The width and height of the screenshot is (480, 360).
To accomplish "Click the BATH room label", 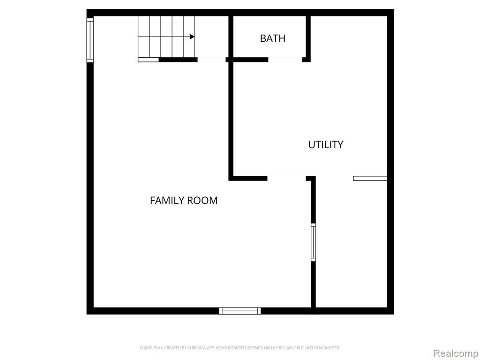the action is (272, 38).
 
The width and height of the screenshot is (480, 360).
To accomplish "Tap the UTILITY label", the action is (326, 144).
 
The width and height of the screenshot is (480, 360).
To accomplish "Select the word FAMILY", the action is (166, 200).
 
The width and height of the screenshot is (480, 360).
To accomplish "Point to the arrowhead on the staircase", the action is (192, 37).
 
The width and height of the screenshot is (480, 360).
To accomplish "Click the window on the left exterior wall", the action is (90, 40).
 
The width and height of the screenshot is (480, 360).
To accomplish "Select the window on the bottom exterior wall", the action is (240, 311).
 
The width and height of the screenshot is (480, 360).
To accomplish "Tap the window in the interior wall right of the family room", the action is (313, 242).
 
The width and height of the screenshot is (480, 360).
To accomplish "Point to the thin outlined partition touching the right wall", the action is (370, 179).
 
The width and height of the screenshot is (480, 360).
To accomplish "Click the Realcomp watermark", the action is (456, 353).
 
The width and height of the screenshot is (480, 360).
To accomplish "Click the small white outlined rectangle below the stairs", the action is (149, 60).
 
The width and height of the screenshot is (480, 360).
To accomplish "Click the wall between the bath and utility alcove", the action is (308, 36).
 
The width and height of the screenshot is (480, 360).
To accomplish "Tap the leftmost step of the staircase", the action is (143, 37).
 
